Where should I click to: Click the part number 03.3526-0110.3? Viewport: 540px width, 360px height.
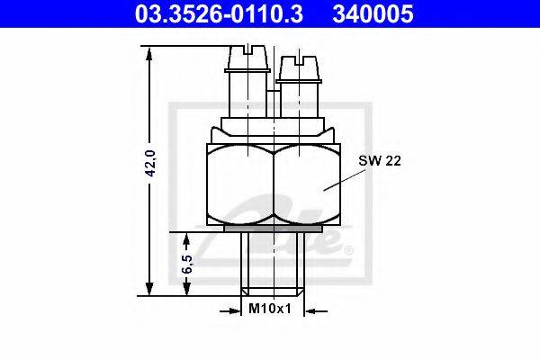click(219, 13)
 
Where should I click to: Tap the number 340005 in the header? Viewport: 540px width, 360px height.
click(373, 13)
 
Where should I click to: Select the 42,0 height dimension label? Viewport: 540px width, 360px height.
click(151, 163)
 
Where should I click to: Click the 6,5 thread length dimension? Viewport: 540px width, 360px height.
click(187, 265)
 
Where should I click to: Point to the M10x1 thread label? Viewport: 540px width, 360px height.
click(270, 309)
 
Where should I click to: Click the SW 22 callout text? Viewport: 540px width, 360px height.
click(380, 160)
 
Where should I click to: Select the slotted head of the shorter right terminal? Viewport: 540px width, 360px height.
click(299, 67)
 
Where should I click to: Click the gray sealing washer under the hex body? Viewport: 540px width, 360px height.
click(273, 229)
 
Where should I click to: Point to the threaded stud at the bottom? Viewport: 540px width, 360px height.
click(273, 264)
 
